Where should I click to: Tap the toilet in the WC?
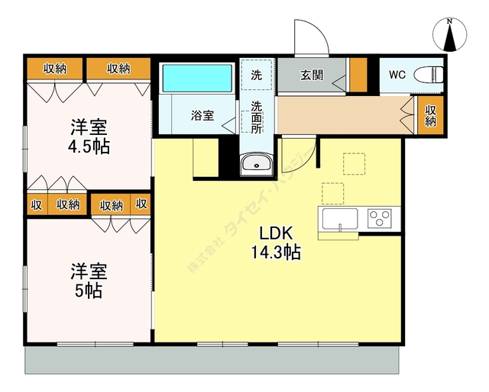point(434,74)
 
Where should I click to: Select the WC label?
point(397,75)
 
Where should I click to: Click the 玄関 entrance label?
point(311,75)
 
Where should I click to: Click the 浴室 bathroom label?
point(202,116)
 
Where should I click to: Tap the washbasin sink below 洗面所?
point(254,163)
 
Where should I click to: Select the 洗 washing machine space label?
point(257,76)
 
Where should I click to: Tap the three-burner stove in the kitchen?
point(381,218)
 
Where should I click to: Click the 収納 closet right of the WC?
point(430,117)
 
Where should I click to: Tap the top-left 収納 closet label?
point(54,69)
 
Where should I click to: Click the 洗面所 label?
point(257,116)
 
